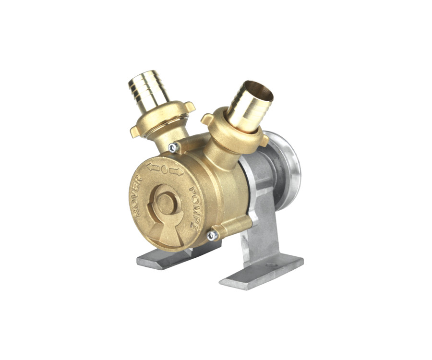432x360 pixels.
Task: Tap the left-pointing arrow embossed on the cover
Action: tap(153, 167)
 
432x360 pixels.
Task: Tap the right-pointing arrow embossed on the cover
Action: tap(176, 172)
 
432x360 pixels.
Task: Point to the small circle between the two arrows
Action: tap(164, 169)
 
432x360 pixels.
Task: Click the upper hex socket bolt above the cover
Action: tap(173, 148)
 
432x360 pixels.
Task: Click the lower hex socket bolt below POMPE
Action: tap(213, 235)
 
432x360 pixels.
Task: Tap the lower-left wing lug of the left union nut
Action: tap(134, 131)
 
